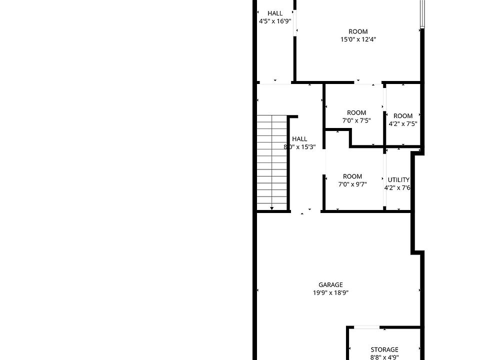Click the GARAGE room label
[330, 285]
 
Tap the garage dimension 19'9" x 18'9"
[330, 293]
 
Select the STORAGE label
[384, 349]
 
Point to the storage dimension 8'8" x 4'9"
[384, 357]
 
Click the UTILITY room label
[398, 180]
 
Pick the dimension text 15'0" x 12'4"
[358, 39]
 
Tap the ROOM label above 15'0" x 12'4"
[358, 31]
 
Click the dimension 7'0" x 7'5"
[356, 120]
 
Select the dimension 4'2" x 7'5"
[403, 124]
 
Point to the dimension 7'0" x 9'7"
[352, 184]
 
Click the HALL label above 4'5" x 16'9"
[275, 13]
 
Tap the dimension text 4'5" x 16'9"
[275, 21]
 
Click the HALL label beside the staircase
[299, 139]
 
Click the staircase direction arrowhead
[272, 207]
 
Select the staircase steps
[272, 160]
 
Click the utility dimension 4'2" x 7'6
[397, 188]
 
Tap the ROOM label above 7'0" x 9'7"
[352, 176]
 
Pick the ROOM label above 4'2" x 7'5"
[403, 116]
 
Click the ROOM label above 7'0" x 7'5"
[356, 112]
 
